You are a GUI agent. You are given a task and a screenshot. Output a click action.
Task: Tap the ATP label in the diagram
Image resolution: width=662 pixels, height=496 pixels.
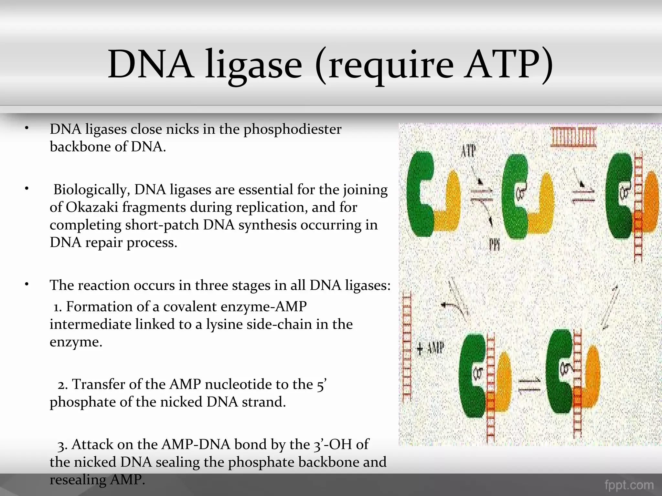(468, 151)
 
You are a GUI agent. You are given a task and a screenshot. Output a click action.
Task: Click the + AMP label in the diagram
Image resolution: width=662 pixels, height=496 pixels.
(431, 348)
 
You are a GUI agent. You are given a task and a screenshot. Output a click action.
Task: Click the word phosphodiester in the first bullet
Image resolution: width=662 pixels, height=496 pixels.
(292, 129)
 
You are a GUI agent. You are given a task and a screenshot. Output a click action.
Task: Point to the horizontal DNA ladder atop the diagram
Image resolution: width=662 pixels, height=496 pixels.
(573, 138)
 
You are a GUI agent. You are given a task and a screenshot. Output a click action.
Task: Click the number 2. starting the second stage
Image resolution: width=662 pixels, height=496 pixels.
(63, 385)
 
